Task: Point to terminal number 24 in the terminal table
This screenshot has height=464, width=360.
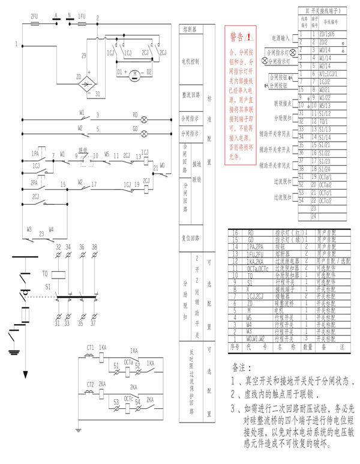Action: [x=314, y=216]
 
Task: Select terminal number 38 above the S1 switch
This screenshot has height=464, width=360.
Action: [x=94, y=247]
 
